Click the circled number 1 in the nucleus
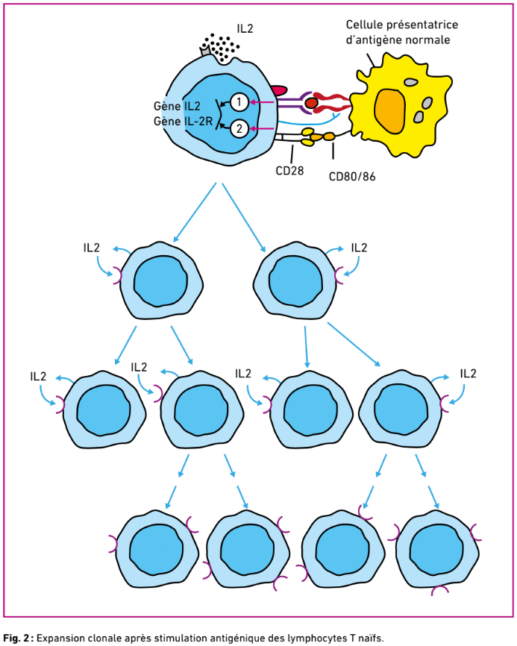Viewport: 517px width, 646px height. click(x=239, y=101)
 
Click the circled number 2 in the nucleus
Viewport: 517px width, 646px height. click(x=239, y=128)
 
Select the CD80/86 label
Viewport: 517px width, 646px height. click(x=352, y=177)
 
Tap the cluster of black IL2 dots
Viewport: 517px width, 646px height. click(x=222, y=47)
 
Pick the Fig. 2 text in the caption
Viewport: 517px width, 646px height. click(x=16, y=638)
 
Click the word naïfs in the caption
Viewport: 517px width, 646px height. click(x=368, y=638)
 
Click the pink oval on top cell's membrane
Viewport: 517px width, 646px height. click(x=278, y=90)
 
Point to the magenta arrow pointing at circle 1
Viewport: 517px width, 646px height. click(x=262, y=102)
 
